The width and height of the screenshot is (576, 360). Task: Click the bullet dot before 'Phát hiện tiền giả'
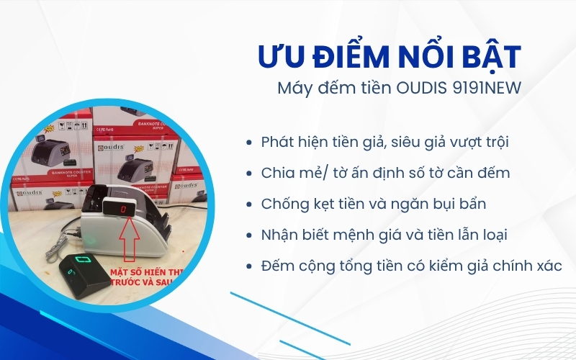(248, 143)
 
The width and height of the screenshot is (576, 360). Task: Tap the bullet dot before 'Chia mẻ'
(248, 174)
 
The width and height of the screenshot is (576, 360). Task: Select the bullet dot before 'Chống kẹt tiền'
(248, 204)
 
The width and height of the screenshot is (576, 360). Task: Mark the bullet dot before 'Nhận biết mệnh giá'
(248, 235)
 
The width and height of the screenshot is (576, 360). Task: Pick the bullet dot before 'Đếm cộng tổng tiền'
(248, 266)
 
